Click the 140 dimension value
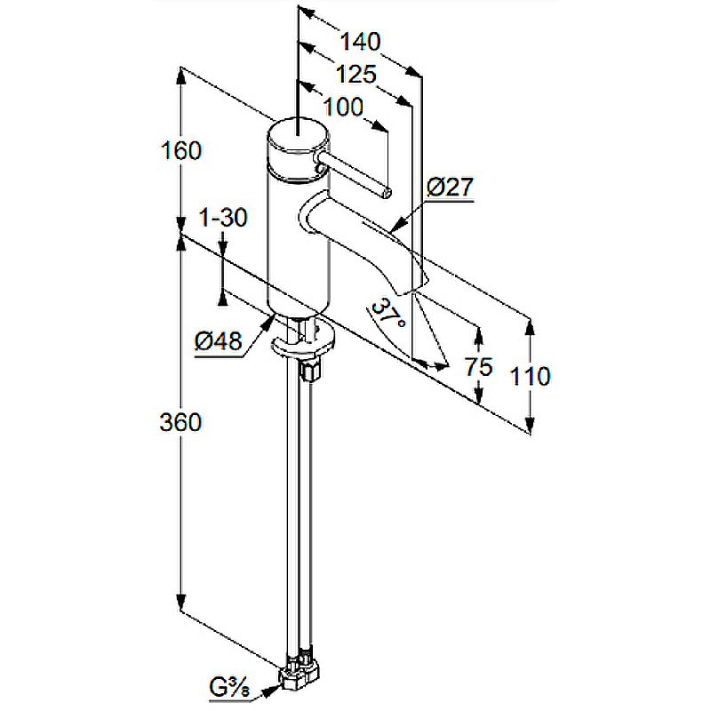(x=361, y=42)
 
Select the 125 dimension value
(x=356, y=74)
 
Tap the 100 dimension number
(x=343, y=107)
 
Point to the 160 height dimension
(x=181, y=150)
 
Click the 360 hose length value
(x=180, y=422)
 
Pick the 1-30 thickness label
(x=224, y=217)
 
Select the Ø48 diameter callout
(x=218, y=340)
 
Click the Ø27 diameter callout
(x=450, y=187)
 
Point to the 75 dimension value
(x=478, y=367)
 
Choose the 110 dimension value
(x=531, y=376)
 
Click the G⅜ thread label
(x=229, y=688)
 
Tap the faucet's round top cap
(x=298, y=135)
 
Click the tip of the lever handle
(x=387, y=194)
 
